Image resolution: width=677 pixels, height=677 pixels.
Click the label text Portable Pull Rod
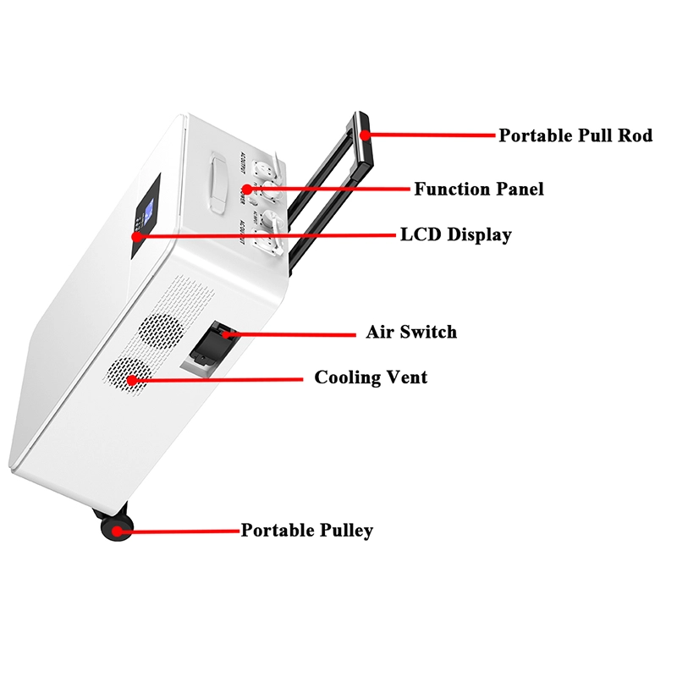[575, 135]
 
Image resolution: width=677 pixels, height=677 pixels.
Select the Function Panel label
[478, 189]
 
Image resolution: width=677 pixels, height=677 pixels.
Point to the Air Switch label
[411, 332]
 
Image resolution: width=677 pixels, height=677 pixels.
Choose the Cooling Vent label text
[371, 377]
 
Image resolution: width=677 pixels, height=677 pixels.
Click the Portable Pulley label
[306, 531]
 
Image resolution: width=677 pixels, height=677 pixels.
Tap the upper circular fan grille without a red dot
[158, 328]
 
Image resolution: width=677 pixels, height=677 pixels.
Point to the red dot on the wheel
[118, 531]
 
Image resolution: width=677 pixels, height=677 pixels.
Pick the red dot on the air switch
[223, 335]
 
